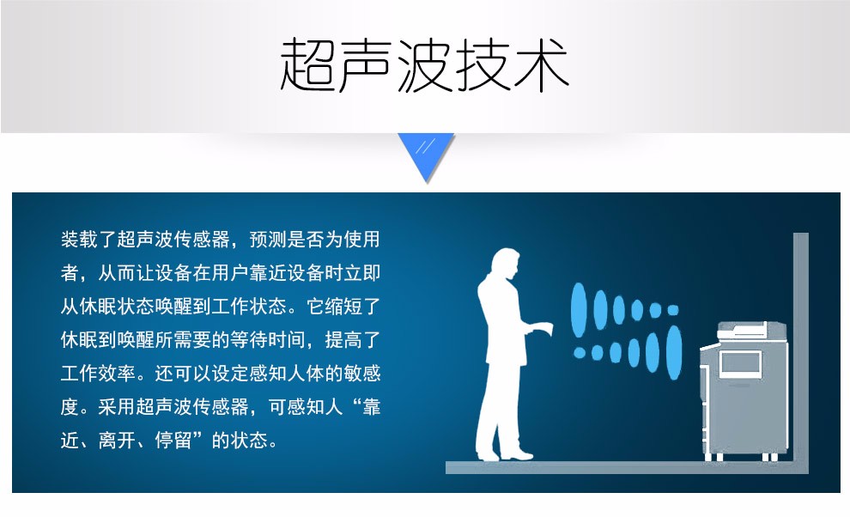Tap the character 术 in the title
[x=540, y=64]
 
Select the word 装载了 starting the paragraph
[x=88, y=240]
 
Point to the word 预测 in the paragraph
[x=268, y=240]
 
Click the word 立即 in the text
[x=361, y=273]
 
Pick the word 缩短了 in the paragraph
[x=343, y=307]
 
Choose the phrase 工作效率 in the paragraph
[x=98, y=374]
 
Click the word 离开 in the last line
[x=117, y=441]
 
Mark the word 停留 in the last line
[x=173, y=441]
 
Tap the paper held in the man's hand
[x=543, y=329]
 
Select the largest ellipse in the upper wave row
[x=579, y=310]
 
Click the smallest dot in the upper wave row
[x=673, y=310]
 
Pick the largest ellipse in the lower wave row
[x=674, y=353]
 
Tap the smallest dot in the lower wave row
[x=580, y=353]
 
